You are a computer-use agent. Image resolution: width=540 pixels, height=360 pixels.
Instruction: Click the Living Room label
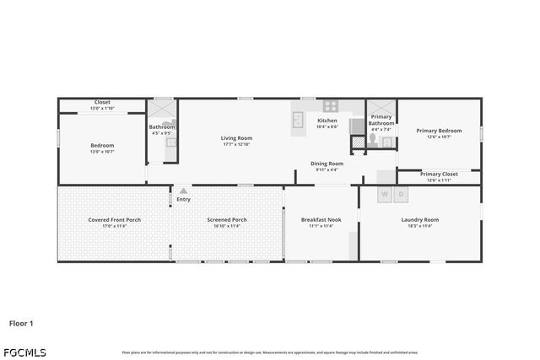pyautogui.click(x=236, y=137)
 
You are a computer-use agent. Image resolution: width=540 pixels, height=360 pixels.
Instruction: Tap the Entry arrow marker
pyautogui.click(x=183, y=191)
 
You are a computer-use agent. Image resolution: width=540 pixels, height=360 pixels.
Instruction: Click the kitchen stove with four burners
pyautogui.click(x=329, y=106)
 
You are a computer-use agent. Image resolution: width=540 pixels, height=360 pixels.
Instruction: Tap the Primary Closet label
pyautogui.click(x=439, y=174)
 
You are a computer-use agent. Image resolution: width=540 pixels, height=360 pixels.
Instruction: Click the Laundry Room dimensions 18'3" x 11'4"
pyautogui.click(x=419, y=226)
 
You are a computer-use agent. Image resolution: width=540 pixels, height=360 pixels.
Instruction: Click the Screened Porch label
pyautogui.click(x=227, y=220)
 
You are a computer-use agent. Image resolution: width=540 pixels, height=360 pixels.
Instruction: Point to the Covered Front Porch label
pyautogui.click(x=114, y=220)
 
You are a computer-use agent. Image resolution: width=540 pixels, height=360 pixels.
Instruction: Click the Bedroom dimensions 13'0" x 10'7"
pyautogui.click(x=102, y=152)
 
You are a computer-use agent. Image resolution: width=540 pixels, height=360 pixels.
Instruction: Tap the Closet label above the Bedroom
pyautogui.click(x=102, y=102)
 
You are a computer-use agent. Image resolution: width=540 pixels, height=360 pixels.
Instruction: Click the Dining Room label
pyautogui.click(x=327, y=163)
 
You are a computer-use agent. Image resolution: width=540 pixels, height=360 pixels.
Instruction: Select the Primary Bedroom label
pyautogui.click(x=439, y=131)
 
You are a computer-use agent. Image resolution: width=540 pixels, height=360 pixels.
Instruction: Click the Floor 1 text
pyautogui.click(x=22, y=323)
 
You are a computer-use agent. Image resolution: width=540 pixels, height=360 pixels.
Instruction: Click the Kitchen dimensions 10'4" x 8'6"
pyautogui.click(x=327, y=126)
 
